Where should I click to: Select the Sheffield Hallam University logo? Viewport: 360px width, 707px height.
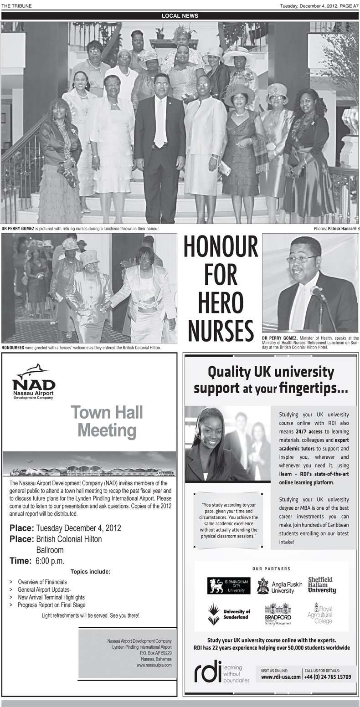coord(322,584)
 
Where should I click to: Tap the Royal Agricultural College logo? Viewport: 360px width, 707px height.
coord(323,613)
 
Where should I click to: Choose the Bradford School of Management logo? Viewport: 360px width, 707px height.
coord(277,614)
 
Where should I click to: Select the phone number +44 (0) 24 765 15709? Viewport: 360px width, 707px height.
coord(328,677)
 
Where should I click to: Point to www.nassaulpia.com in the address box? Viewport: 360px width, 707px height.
coord(154,665)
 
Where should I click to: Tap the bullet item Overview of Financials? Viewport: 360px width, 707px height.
coord(42,582)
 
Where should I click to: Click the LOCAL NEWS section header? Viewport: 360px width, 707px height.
coord(180,16)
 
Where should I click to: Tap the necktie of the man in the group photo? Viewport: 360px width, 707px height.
coord(159,123)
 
